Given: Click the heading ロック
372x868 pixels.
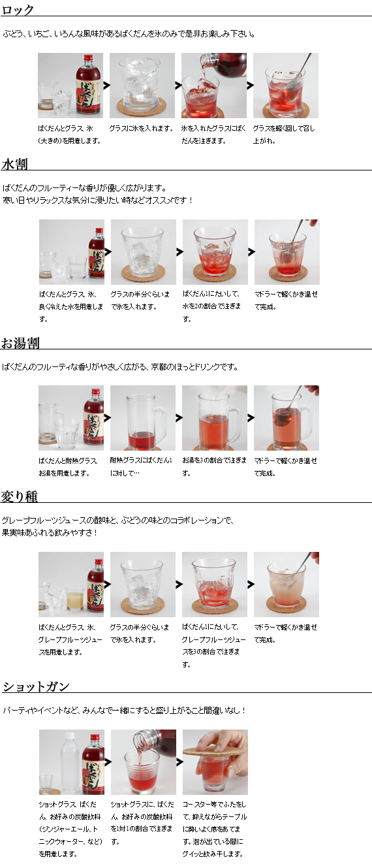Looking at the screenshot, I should [x=18, y=10].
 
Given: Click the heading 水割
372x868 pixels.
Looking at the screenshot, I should [x=14, y=163].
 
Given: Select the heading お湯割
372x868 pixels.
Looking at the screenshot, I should [x=20, y=343].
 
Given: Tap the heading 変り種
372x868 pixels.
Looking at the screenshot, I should [x=19, y=496].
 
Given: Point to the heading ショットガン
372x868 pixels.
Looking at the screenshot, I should [x=35, y=686].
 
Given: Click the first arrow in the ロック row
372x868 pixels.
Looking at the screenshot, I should [x=106, y=85].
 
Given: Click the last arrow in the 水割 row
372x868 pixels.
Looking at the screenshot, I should [x=251, y=251].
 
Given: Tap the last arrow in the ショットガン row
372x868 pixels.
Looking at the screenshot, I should [x=179, y=762].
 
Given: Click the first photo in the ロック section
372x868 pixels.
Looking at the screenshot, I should [x=70, y=86].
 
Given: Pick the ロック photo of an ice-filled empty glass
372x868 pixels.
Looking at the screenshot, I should [x=142, y=86].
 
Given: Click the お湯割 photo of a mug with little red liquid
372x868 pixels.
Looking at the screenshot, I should [x=142, y=418].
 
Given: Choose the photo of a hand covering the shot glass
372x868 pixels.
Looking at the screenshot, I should [x=215, y=762].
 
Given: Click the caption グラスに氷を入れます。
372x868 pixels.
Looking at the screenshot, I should [x=140, y=129].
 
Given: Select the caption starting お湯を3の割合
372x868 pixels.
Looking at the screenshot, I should [x=214, y=466].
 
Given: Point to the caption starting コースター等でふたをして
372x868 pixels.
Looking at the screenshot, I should [x=214, y=829].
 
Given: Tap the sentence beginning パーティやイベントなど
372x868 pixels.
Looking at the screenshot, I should [x=124, y=710].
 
